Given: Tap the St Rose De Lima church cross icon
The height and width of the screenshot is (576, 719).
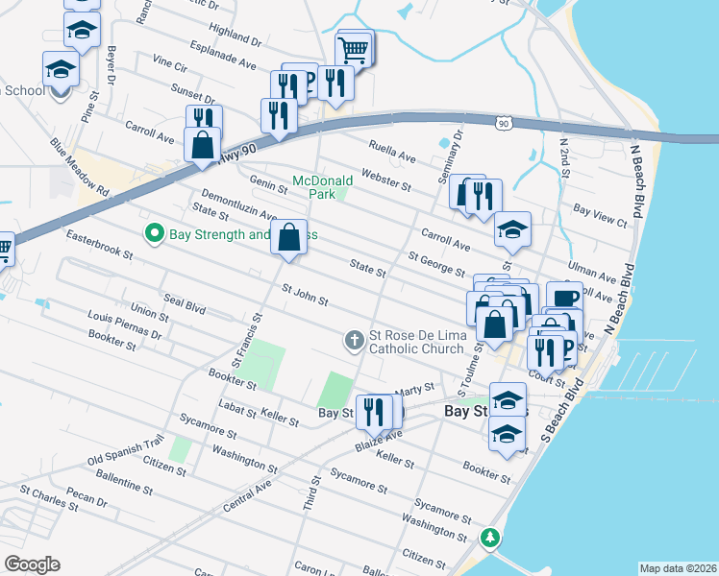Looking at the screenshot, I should point(354,339).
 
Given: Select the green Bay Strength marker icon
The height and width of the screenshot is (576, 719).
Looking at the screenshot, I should point(153,233).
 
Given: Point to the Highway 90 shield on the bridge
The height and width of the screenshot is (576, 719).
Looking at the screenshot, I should point(504,124).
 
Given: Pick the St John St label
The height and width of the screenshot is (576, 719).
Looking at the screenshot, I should point(305,295).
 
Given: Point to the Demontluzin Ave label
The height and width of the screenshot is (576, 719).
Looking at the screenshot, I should point(237,204).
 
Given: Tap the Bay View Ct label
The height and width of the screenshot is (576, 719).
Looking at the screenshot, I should point(600,214).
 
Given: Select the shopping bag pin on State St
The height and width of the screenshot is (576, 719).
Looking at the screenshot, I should point(289,236).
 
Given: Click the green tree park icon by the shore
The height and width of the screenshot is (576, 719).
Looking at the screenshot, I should point(491,536).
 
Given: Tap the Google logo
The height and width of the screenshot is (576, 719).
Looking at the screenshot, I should point(32,564).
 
